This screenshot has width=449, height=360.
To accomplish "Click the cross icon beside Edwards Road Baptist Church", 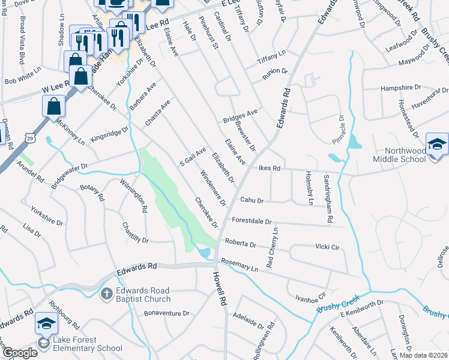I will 106,294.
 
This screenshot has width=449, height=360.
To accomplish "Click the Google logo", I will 20,353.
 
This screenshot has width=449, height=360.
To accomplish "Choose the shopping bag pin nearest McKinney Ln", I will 54,107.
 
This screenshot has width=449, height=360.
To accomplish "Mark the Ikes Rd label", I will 270,169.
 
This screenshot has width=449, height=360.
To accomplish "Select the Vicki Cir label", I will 328,247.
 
